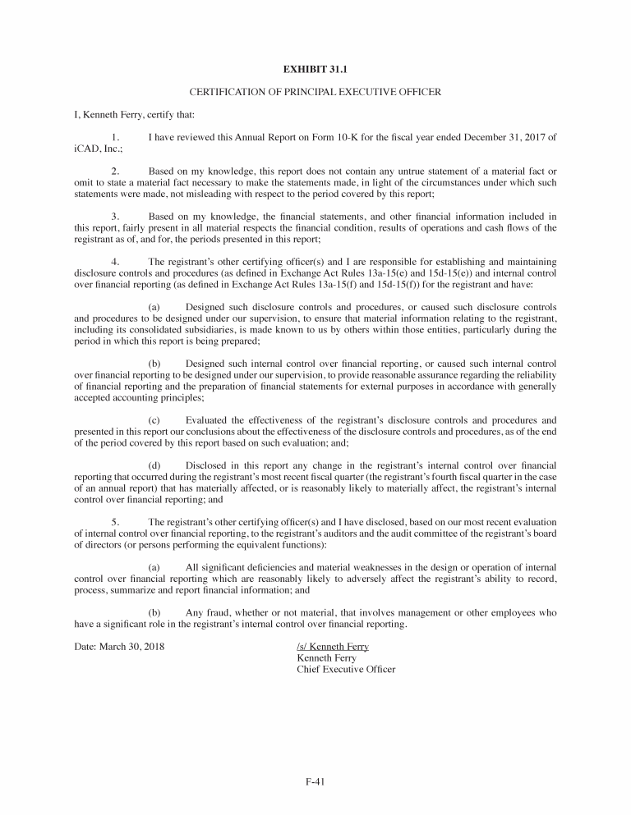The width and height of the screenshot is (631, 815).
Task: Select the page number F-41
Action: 315,781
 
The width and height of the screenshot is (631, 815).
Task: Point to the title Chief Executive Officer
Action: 345,669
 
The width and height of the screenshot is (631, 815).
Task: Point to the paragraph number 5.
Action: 116,521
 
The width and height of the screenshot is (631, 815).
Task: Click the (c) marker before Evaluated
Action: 154,419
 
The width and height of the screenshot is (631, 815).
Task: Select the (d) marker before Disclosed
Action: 154,465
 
